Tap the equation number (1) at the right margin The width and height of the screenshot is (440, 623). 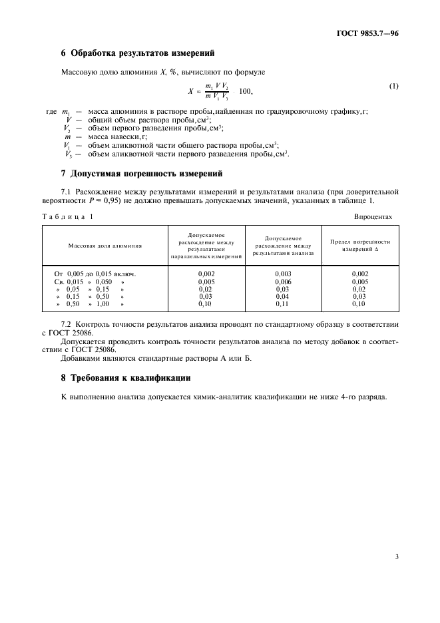pos(393,87)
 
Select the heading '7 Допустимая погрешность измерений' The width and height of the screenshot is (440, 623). pos(141,174)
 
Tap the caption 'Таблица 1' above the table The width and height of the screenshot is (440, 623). pos(68,217)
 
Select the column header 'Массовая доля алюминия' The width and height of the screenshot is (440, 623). pos(105,246)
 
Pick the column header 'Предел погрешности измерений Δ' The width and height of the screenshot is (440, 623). pos(360,246)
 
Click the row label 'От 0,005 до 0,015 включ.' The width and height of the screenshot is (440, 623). pos(95,274)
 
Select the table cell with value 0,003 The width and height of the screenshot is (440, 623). pos(283,274)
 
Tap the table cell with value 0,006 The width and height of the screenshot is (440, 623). pos(283,282)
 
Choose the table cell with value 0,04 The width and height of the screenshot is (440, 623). pos(283,296)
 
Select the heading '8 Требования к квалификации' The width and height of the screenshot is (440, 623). pos(126,377)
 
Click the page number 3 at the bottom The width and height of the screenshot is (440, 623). pos(396,556)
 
